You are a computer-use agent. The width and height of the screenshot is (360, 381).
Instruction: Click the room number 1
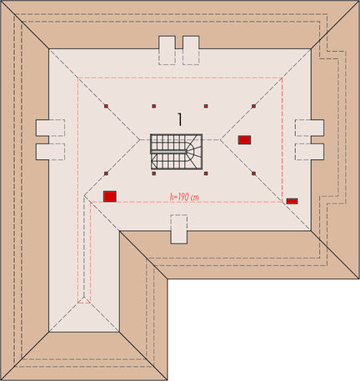point(180,120)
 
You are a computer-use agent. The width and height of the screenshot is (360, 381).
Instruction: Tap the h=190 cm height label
point(184,197)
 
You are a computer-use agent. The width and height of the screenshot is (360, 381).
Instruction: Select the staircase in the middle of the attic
point(177,152)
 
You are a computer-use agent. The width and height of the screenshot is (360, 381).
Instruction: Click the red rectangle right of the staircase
point(244,140)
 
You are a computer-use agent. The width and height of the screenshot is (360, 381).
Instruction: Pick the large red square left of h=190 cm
point(110,196)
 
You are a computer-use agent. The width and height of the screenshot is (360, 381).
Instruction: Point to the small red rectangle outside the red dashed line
point(292,201)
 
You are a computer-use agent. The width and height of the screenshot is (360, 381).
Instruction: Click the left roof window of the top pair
point(167,50)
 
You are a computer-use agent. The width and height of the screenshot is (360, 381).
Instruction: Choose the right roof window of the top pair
point(191,50)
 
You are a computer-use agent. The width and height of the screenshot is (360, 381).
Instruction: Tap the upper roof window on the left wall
point(50,128)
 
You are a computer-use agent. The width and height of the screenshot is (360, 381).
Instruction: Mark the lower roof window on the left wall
point(50,152)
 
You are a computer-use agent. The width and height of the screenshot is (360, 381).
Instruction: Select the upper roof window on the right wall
point(309,128)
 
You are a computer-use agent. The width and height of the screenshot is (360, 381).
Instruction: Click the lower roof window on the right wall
point(309,152)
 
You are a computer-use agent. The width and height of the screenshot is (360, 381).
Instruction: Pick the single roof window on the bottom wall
point(179,229)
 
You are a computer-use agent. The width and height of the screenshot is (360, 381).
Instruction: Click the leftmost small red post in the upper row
point(106,106)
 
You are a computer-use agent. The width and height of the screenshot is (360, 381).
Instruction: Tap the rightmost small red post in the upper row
point(253,106)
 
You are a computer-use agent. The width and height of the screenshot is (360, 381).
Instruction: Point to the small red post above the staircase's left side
point(154,106)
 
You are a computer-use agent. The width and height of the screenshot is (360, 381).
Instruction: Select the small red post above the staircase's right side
point(206,106)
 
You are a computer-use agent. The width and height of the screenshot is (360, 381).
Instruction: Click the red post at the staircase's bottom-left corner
point(154,173)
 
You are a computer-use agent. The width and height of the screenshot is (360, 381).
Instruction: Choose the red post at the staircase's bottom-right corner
point(206,173)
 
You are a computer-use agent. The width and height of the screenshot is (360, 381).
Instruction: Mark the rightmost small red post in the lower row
point(253,173)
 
